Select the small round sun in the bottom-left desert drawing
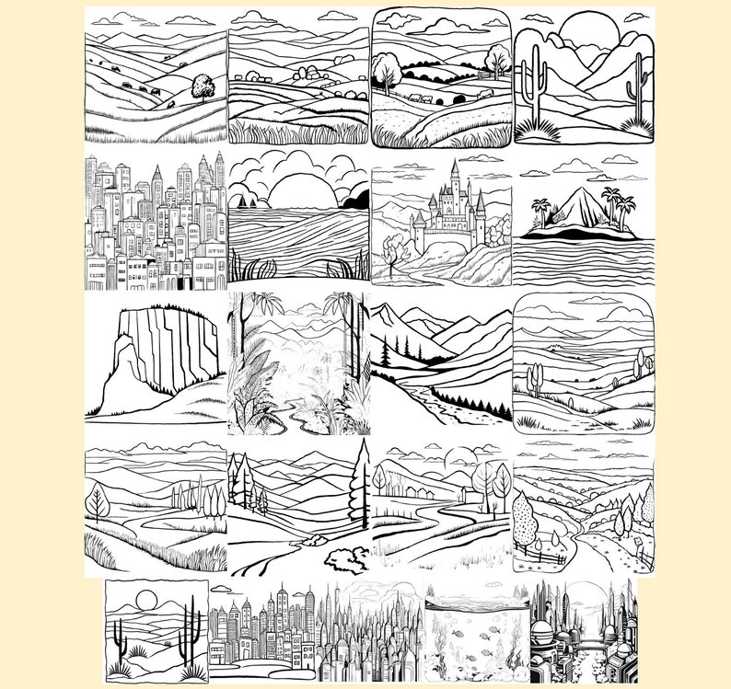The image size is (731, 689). [146, 602]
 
